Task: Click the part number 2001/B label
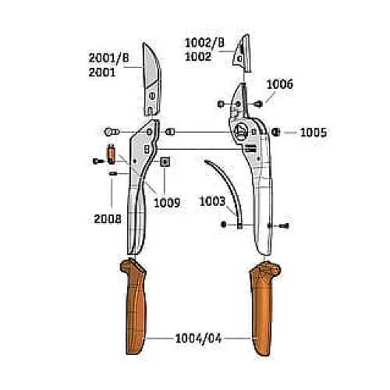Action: [108, 58]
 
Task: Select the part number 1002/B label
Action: [204, 43]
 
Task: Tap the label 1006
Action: [280, 84]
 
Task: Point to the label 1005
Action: [314, 133]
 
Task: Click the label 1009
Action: [167, 203]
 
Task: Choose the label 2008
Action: [108, 219]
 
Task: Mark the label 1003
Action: [212, 201]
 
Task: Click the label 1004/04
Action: [198, 339]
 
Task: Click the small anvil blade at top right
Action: [243, 53]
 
